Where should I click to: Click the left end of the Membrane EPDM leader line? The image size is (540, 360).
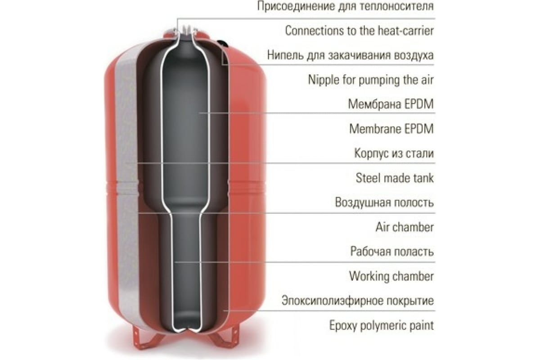point(198,113)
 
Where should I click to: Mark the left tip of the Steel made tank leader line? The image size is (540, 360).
point(126,163)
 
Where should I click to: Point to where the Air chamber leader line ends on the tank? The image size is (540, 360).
point(139,213)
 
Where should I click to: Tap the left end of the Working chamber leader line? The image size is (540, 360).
point(175,262)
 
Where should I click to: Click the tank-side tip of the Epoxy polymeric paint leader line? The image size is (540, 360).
point(223,311)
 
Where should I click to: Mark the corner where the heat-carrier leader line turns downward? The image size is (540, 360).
point(177,18)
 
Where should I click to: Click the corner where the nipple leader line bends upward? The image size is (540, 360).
point(222,64)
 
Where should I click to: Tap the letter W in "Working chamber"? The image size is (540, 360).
point(355,276)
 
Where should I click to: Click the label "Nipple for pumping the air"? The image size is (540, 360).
point(371,80)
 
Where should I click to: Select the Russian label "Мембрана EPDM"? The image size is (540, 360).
point(391,104)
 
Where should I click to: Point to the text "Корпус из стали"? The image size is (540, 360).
point(394,153)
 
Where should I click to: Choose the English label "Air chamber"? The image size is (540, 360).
point(405,227)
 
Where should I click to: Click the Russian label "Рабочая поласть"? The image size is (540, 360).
point(392,251)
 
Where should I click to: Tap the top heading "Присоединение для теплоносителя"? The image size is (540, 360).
point(346,6)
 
